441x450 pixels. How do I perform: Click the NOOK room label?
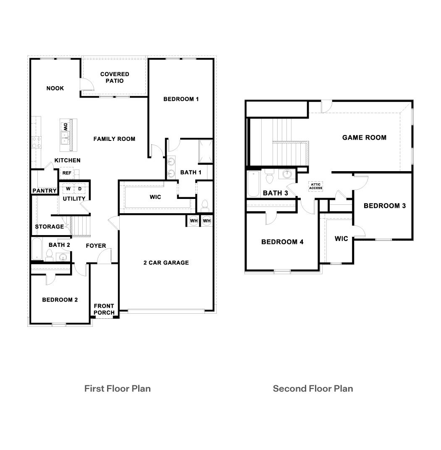pyautogui.click(x=55, y=88)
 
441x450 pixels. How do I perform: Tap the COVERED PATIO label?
pyautogui.click(x=115, y=77)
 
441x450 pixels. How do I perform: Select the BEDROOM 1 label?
pyautogui.click(x=181, y=99)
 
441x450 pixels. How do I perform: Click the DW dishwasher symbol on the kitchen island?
pyautogui.click(x=66, y=127)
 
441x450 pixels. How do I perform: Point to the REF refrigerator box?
pyautogui.click(x=67, y=173)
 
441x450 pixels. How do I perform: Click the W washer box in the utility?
pyautogui.click(x=68, y=189)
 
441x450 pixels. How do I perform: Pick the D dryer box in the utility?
pyautogui.click(x=80, y=189)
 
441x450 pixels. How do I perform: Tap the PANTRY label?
pyautogui.click(x=45, y=191)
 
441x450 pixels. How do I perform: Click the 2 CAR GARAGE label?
pyautogui.click(x=166, y=263)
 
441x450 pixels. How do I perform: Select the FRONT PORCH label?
pyautogui.click(x=104, y=309)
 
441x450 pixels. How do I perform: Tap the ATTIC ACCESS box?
pyautogui.click(x=315, y=186)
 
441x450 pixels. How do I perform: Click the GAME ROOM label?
pyautogui.click(x=364, y=138)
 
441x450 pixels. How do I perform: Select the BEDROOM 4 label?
pyautogui.click(x=282, y=242)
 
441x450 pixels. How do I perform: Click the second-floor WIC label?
pyautogui.click(x=341, y=239)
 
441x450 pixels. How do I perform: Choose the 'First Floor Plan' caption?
pyautogui.click(x=117, y=389)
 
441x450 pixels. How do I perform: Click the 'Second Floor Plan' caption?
pyautogui.click(x=313, y=389)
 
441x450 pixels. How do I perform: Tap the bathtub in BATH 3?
pyautogui.click(x=253, y=183)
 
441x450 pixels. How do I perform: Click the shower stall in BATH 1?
pyautogui.click(x=205, y=150)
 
